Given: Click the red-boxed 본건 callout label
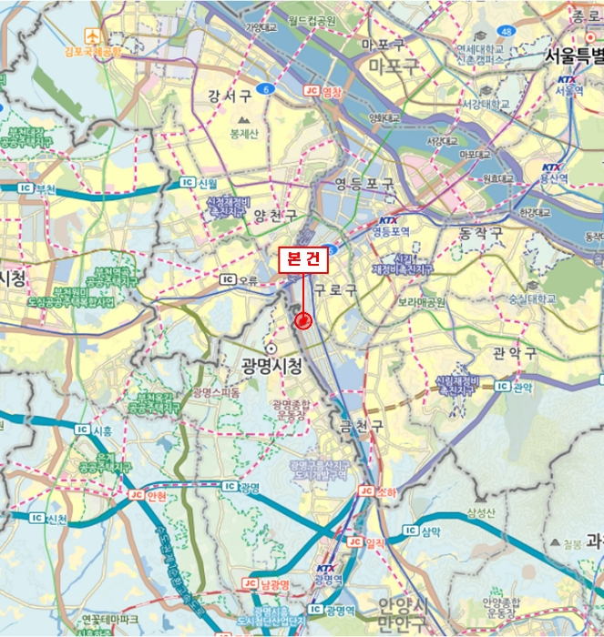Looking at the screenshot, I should [302, 259].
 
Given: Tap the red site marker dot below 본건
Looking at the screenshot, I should [303, 320].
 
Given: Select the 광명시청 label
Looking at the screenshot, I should [271, 365].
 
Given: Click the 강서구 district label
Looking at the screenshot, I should [230, 96].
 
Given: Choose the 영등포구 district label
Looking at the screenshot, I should [364, 184].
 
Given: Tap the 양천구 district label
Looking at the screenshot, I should [276, 216].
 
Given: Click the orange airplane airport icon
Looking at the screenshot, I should [93, 35].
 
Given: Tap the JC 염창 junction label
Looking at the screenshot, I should [325, 92].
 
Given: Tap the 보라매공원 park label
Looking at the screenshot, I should [422, 302].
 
